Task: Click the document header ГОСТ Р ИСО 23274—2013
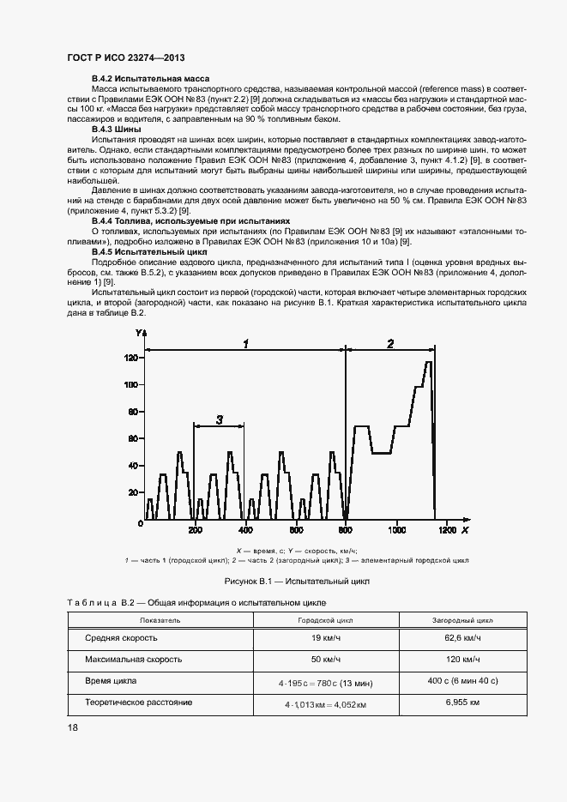pyautogui.click(x=125, y=57)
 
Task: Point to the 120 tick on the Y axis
pyautogui.click(x=130, y=357)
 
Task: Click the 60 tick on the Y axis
pyautogui.click(x=132, y=438)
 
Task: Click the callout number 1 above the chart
pyautogui.click(x=245, y=343)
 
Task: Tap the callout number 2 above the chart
pyautogui.click(x=390, y=343)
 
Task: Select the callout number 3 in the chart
pyautogui.click(x=219, y=419)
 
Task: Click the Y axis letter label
pyautogui.click(x=137, y=332)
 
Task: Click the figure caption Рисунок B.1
pyautogui.click(x=296, y=581)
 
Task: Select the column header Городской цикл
pyautogui.click(x=319, y=618)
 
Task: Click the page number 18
pyautogui.click(x=73, y=727)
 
